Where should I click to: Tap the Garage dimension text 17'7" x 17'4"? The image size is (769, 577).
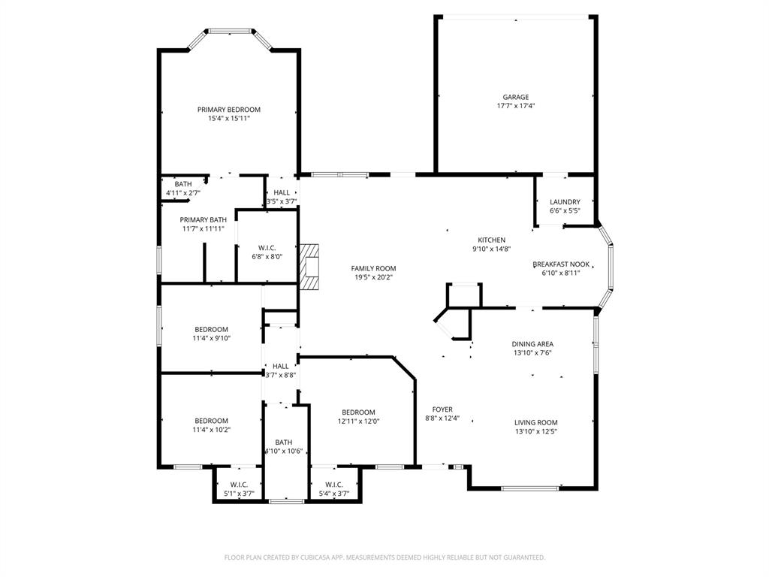pyautogui.click(x=515, y=106)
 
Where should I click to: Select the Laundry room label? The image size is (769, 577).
pyautogui.click(x=564, y=202)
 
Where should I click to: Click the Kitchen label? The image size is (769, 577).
pyautogui.click(x=491, y=240)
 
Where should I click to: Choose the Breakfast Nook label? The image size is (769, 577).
pyautogui.click(x=561, y=264)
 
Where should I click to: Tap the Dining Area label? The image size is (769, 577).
pyautogui.click(x=532, y=344)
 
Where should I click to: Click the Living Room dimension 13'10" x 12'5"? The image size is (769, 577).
pyautogui.click(x=535, y=431)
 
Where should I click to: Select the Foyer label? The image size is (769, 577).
pyautogui.click(x=442, y=409)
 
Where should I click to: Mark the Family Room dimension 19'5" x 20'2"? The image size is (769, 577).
pyautogui.click(x=373, y=277)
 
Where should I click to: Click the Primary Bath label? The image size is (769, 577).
pyautogui.click(x=203, y=219)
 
